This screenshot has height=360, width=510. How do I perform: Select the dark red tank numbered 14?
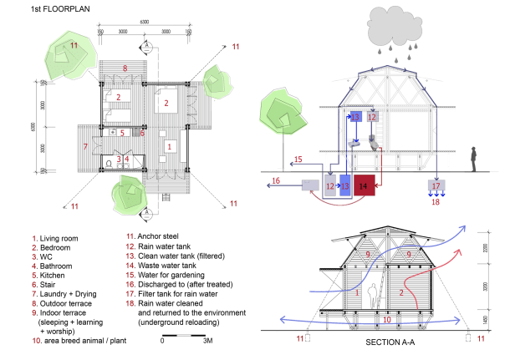click(x=364, y=186)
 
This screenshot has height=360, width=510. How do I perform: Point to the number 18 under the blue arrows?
click(x=435, y=201)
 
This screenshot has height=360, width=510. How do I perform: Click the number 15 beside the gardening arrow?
click(x=298, y=159)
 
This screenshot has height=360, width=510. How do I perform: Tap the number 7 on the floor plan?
click(x=85, y=146)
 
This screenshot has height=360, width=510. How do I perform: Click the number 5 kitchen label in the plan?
click(x=122, y=133)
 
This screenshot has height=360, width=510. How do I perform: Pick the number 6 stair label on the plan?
click(x=142, y=133)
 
